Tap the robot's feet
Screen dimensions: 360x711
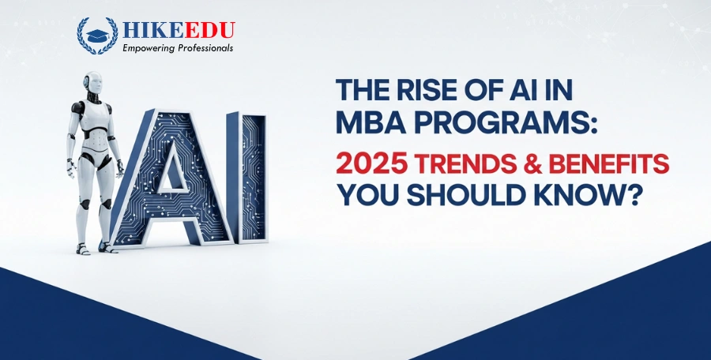point(92,247)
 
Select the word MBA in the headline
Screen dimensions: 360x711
point(371,125)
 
